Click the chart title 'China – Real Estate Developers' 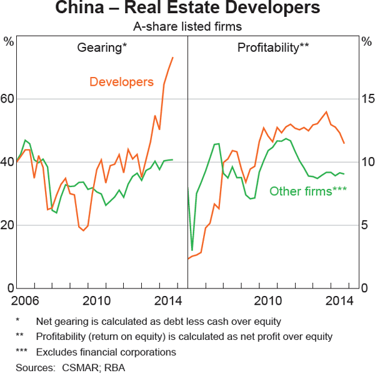click(x=187, y=9)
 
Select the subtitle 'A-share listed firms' click(x=187, y=27)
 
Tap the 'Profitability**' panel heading click(x=274, y=48)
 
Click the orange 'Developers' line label click(x=121, y=82)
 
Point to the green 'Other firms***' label click(x=307, y=192)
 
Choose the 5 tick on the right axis click(x=367, y=225)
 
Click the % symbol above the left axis click(x=9, y=42)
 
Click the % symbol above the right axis click(x=366, y=42)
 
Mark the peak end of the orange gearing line click(x=172, y=58)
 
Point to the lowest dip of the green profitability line click(x=192, y=250)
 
